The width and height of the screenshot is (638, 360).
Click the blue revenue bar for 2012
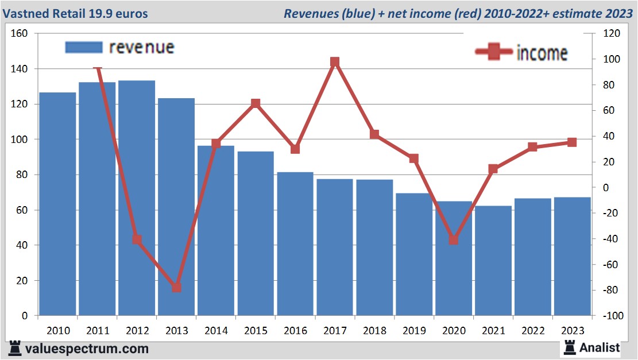tap(137, 198)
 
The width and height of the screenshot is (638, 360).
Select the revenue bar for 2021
tap(493, 261)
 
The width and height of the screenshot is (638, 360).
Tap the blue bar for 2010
tap(57, 204)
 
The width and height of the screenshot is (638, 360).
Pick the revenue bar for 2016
tap(295, 244)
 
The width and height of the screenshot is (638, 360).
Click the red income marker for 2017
tap(335, 62)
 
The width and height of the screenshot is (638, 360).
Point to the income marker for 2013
tap(177, 287)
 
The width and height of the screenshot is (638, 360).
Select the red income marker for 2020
tap(454, 239)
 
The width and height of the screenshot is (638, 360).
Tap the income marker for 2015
tap(256, 104)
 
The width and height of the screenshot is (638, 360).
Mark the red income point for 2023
tap(572, 142)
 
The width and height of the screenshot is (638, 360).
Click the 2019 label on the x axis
tap(415, 331)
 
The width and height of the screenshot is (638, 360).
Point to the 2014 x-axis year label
tap(216, 331)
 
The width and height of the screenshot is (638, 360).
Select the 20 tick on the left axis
tap(22, 281)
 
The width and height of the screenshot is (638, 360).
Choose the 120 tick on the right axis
tap(610, 34)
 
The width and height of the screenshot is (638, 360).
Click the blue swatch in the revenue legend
tap(84, 48)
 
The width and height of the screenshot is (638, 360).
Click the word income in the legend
tap(542, 53)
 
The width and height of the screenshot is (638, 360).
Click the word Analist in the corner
tap(600, 347)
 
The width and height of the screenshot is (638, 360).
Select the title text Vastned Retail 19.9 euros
tap(78, 13)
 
